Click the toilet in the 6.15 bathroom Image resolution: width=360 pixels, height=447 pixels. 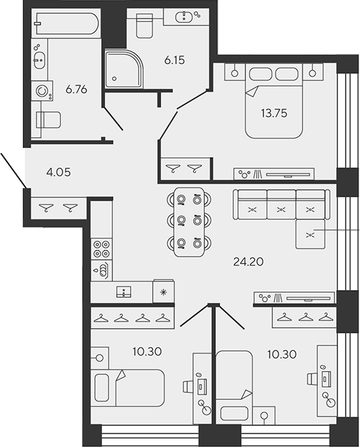pos(145,24)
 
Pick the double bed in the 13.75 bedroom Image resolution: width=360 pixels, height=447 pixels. pos(274,100)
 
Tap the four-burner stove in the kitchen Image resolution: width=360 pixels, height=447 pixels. pos(101,248)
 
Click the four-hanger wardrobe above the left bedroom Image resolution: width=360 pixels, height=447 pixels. pos(132,317)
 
